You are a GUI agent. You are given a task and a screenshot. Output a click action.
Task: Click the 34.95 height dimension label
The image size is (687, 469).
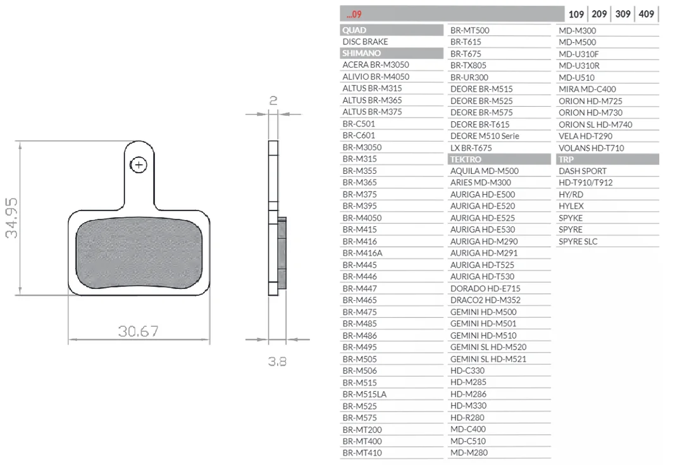pos(11,217)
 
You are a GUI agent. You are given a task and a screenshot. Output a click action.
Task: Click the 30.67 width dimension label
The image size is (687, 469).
pos(139,331)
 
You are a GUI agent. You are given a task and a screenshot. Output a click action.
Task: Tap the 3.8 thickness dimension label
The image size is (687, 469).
pos(277,362)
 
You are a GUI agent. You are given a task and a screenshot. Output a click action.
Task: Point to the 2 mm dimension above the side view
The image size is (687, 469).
pos(273,100)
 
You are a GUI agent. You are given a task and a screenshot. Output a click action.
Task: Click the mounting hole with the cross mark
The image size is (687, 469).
pos(139,165)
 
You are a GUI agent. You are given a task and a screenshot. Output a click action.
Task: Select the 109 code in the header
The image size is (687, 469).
pos(576,14)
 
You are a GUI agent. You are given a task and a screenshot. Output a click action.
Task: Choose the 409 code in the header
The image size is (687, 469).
pos(647,14)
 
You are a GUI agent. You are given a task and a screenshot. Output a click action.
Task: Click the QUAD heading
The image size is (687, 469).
pos(354,30)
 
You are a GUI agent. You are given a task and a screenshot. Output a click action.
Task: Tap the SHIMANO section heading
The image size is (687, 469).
pos(361,53)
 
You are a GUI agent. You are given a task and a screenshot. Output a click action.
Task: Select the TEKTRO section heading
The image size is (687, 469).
pos(466,159)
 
